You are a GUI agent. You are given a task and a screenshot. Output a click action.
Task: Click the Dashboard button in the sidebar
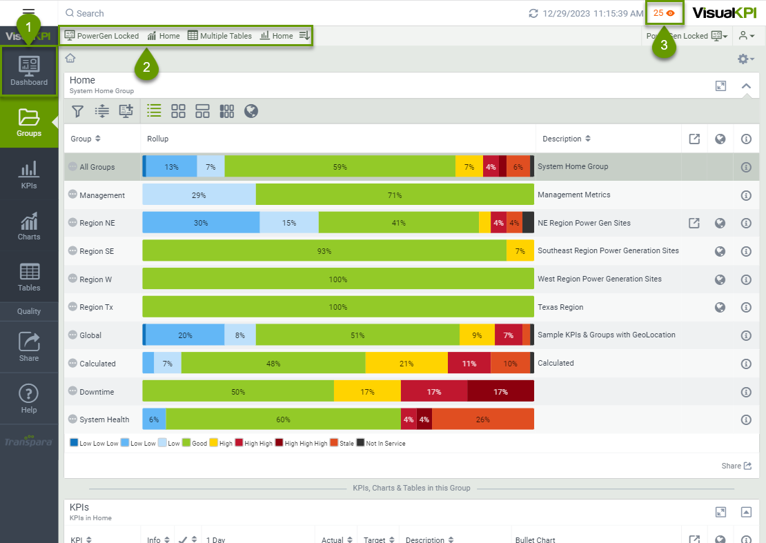pyautogui.click(x=29, y=71)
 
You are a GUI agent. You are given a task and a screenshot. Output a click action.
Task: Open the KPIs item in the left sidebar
pyautogui.click(x=29, y=175)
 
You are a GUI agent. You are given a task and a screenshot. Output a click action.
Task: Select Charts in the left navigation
pyautogui.click(x=29, y=226)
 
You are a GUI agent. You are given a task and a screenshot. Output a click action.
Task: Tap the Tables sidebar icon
pyautogui.click(x=29, y=277)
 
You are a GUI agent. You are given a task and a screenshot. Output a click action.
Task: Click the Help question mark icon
pyautogui.click(x=29, y=398)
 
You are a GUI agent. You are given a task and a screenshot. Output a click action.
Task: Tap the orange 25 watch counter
pyautogui.click(x=664, y=13)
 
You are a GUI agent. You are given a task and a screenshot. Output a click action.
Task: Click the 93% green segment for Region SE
pyautogui.click(x=324, y=251)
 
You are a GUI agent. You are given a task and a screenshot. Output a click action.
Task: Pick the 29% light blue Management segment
pyautogui.click(x=199, y=195)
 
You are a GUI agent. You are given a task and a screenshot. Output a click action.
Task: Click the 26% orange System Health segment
pyautogui.click(x=483, y=419)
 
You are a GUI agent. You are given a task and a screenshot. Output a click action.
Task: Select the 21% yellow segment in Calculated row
pyautogui.click(x=406, y=364)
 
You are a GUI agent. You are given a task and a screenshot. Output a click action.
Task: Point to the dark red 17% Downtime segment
pyautogui.click(x=500, y=392)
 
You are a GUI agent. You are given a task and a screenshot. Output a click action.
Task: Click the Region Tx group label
pyautogui.click(x=96, y=307)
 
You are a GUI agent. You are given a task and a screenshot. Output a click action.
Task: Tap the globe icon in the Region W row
pyautogui.click(x=720, y=279)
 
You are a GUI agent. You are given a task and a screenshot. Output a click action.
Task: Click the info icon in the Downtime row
pyautogui.click(x=745, y=392)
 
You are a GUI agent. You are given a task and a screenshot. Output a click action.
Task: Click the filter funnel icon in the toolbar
pyautogui.click(x=78, y=111)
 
